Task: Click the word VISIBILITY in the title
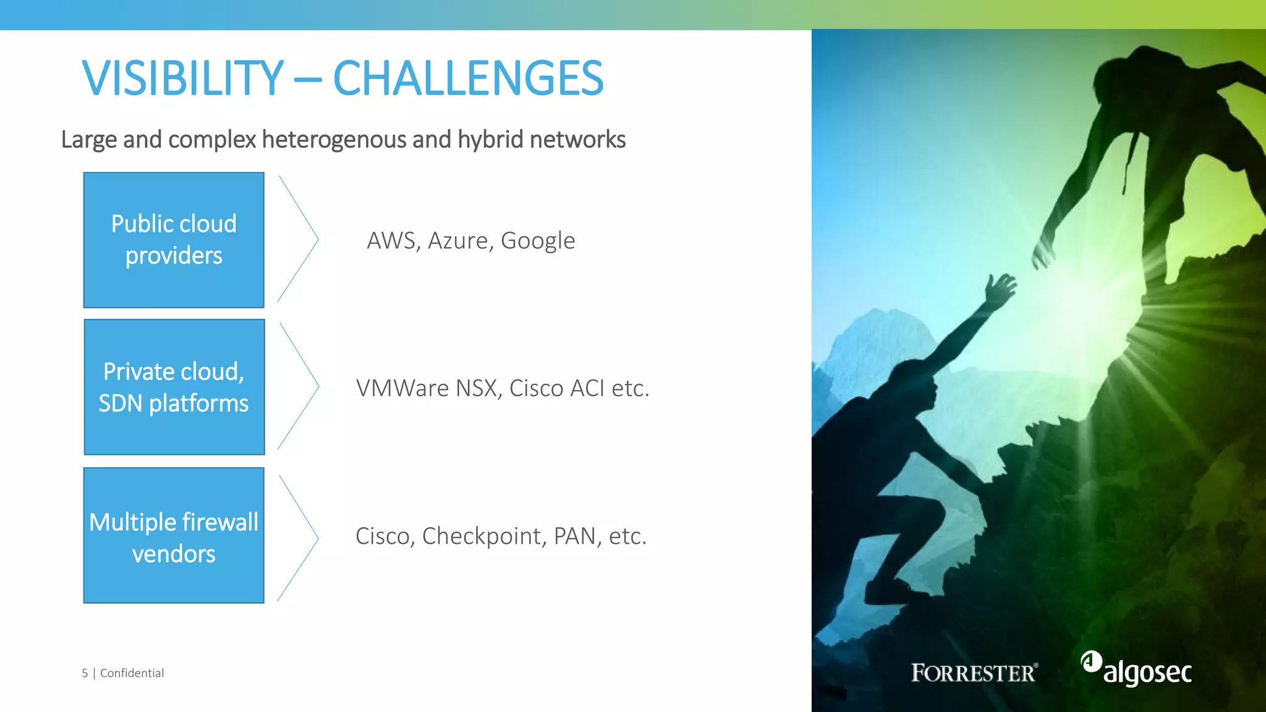click(183, 78)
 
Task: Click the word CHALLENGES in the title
click(468, 78)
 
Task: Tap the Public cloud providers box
click(174, 240)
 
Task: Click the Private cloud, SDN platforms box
click(174, 387)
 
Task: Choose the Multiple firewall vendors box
click(174, 535)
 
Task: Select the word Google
click(537, 240)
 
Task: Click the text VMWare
click(402, 388)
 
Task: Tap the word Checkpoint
click(482, 536)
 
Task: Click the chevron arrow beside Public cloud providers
click(299, 239)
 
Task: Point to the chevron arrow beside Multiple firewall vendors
click(299, 538)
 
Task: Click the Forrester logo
click(974, 672)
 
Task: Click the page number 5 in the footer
click(85, 673)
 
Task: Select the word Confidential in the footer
click(132, 673)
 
